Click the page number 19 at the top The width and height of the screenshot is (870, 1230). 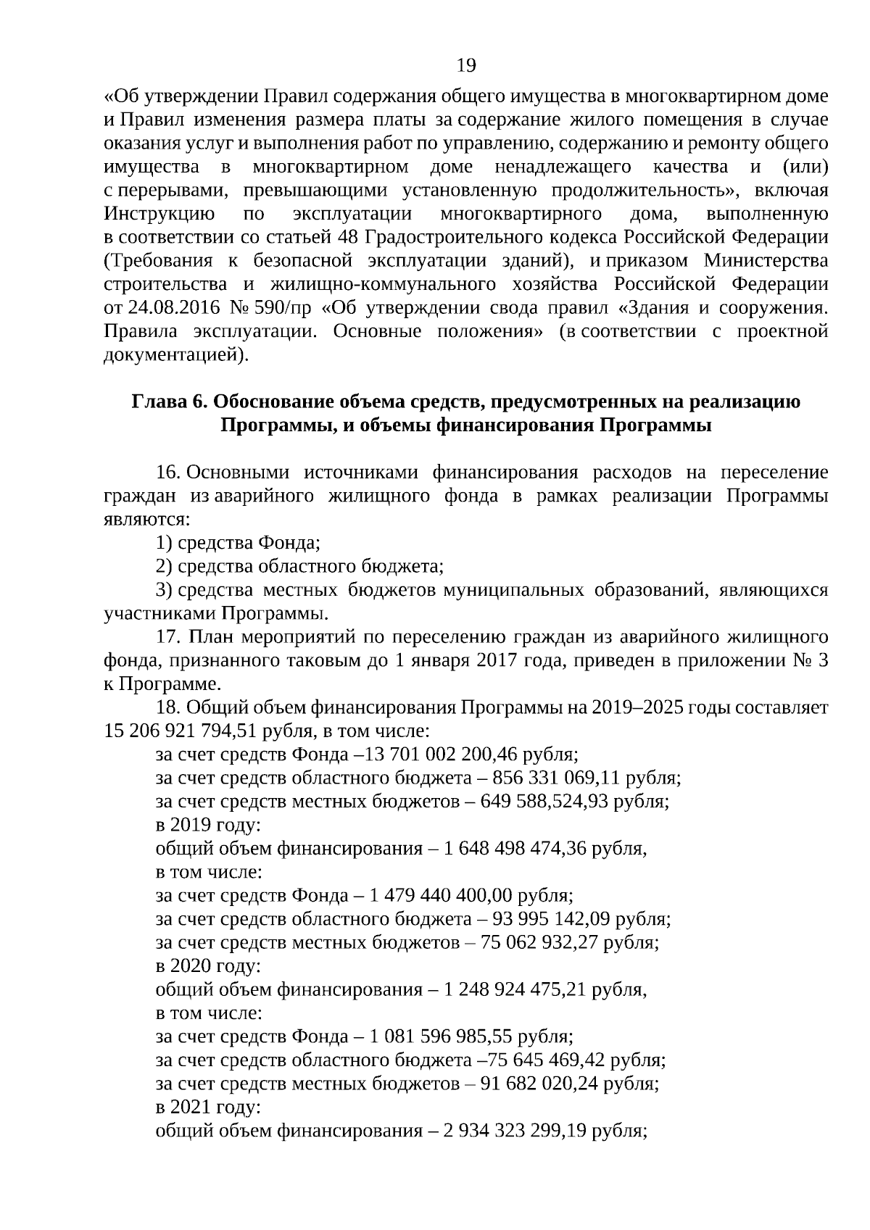(x=466, y=66)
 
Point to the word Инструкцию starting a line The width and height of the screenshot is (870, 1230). (x=159, y=214)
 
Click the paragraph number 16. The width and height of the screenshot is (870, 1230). (x=167, y=473)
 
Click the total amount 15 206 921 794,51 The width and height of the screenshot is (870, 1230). (x=181, y=731)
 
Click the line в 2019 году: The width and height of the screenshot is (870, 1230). (x=208, y=825)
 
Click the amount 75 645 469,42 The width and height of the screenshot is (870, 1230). (x=547, y=1060)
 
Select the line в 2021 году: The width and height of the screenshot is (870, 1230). (x=208, y=1107)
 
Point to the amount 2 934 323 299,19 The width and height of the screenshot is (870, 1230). (x=512, y=1130)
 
